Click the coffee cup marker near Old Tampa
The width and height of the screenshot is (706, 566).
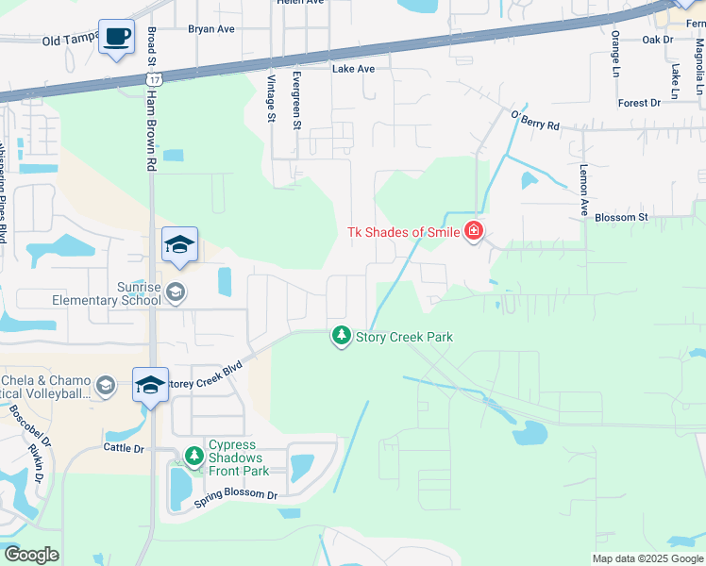pos(116,37)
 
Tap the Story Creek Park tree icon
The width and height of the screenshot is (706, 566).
pos(341,336)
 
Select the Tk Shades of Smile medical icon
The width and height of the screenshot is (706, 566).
pos(473,231)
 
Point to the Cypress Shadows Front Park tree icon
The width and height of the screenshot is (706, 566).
pos(193,457)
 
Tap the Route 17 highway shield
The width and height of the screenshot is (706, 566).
pos(153,79)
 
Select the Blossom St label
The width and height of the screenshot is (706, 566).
pos(621,217)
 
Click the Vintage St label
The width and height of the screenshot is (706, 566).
pos(271,98)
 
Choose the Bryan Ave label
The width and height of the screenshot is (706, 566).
pos(210,29)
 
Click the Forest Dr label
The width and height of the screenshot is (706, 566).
pos(639,103)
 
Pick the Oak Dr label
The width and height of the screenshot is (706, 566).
pos(657,40)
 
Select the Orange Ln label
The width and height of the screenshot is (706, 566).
pos(615,54)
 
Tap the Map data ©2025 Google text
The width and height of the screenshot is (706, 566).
pos(647,558)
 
